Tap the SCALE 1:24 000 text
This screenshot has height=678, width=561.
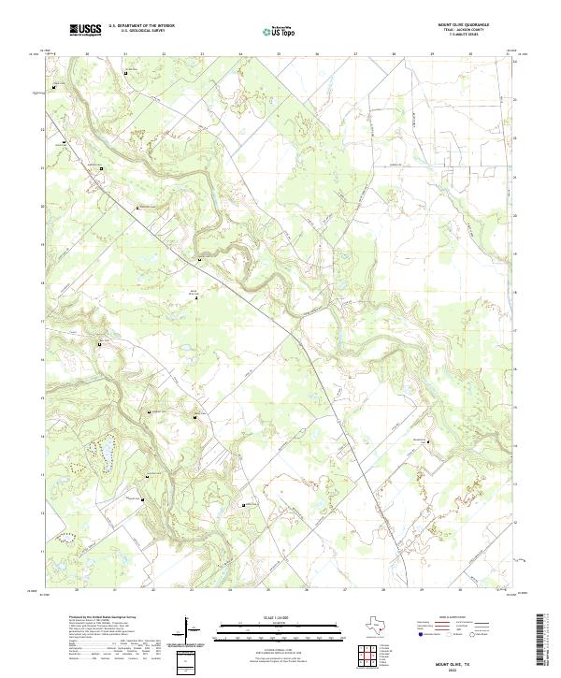point(279,616)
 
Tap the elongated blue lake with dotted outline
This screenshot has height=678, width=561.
point(105,455)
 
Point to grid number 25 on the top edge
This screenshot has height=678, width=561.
point(279,54)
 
